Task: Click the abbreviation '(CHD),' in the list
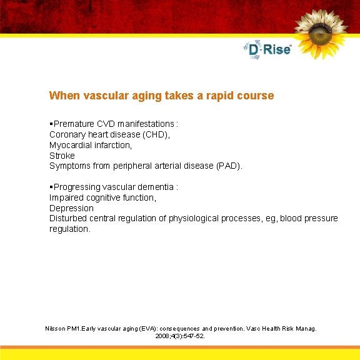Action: [x=154, y=134]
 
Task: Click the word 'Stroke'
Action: [x=62, y=155]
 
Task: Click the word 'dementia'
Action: [x=156, y=187]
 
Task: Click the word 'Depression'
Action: [x=71, y=208]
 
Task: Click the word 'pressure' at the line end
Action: [x=322, y=218]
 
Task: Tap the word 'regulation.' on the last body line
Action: [x=70, y=229]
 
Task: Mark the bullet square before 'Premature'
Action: [x=51, y=123]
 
